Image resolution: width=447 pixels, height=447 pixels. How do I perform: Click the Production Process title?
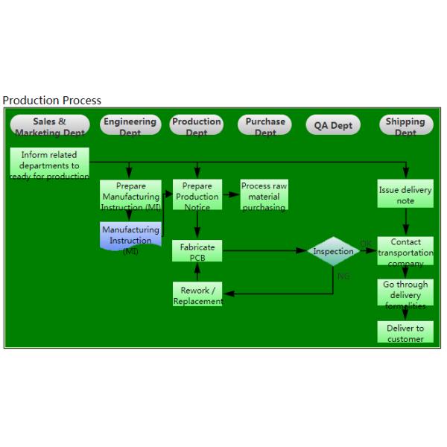52,100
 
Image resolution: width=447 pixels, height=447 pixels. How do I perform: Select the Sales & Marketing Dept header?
50,125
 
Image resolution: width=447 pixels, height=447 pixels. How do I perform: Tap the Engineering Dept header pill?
130,125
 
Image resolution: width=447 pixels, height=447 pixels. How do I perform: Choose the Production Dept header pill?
197,125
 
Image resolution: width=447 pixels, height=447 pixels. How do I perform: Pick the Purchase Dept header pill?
265,125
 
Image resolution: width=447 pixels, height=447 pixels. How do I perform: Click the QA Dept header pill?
332,126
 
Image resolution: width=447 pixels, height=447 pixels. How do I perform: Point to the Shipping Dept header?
405,125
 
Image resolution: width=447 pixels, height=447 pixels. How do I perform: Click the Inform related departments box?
50,165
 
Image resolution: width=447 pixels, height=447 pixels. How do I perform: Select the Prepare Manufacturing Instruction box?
130,196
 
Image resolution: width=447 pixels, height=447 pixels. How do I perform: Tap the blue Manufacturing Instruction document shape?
130,239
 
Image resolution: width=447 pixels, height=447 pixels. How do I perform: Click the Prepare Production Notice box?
197,196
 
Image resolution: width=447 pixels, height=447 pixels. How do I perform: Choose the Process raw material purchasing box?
264,196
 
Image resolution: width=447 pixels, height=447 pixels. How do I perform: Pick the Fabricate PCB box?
197,252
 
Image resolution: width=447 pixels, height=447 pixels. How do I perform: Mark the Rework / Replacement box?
197,295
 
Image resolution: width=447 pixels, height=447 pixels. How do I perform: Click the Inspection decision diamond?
333,252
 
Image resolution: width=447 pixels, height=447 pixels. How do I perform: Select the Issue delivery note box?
405,195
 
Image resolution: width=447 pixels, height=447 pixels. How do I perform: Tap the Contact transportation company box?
405,252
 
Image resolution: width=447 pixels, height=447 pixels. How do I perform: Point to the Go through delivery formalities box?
405,294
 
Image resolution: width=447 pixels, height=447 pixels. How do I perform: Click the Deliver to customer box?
405,333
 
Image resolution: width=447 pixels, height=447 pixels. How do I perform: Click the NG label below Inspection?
343,276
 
